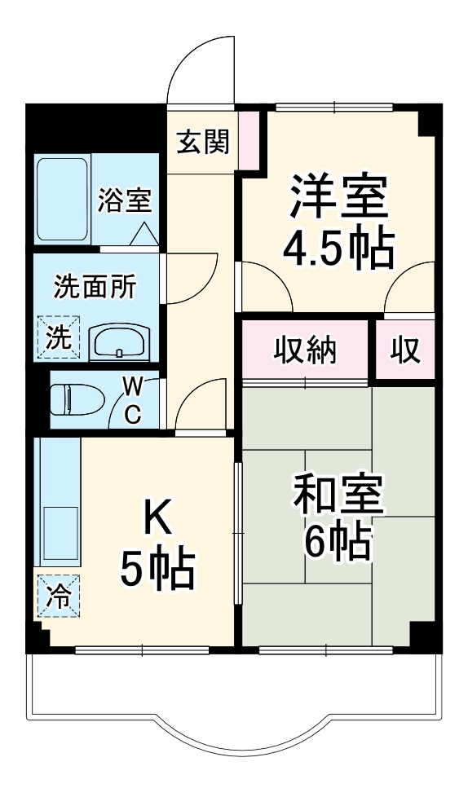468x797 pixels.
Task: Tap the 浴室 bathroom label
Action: click(x=124, y=200)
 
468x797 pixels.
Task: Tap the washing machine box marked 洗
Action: click(x=57, y=337)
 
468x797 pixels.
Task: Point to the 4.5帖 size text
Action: click(x=338, y=249)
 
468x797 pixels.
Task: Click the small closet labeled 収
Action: click(x=404, y=350)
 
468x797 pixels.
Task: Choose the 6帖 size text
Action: click(x=338, y=542)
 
